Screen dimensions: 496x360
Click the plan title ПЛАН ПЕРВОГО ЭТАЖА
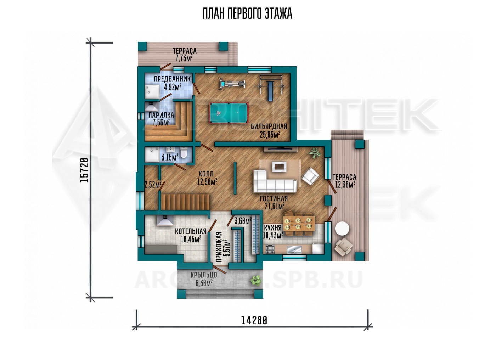point(248,14)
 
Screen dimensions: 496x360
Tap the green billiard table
point(229,113)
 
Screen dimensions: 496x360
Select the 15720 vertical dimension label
point(84,170)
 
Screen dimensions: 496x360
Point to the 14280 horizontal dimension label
point(254,320)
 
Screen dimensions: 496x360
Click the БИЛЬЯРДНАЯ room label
point(269,126)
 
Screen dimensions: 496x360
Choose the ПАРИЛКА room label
point(161,115)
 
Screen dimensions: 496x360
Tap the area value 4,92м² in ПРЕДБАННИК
point(173,87)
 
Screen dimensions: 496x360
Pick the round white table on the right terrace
point(342,229)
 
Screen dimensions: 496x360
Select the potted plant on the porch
point(256,280)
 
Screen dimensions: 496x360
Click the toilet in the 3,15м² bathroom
point(184,152)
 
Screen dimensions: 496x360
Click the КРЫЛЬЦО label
point(204,275)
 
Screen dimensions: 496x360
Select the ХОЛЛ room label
point(206,173)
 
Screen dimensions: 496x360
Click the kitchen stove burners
point(270,249)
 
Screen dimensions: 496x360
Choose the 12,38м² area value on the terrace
point(345,184)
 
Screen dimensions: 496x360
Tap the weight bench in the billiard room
point(270,91)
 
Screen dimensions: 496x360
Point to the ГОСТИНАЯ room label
point(274,198)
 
